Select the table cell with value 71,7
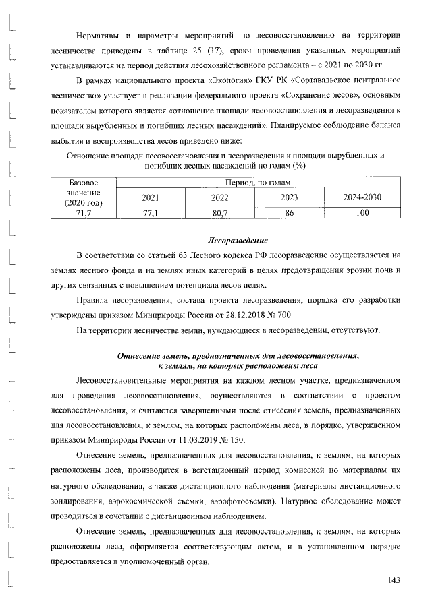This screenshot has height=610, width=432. click(x=84, y=212)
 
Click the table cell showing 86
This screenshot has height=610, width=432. click(x=290, y=212)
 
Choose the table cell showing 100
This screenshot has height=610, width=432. click(x=364, y=212)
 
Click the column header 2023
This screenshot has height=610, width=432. click(x=290, y=197)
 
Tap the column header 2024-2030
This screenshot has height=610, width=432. click(x=364, y=197)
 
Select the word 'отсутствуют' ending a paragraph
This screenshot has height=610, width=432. click(x=356, y=330)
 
